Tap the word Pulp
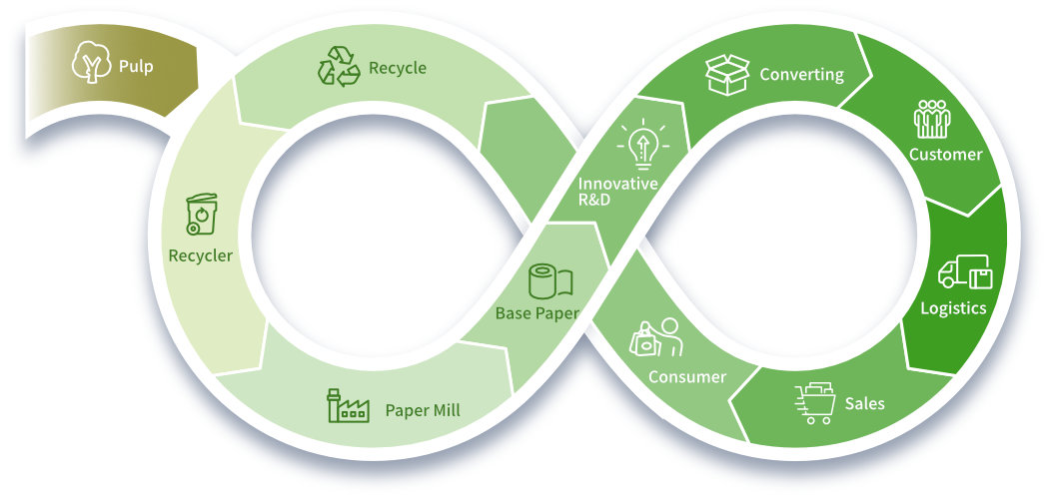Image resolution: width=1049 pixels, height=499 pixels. (136, 68)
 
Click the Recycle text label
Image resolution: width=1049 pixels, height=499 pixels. (397, 68)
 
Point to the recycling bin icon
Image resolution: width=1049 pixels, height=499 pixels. (201, 215)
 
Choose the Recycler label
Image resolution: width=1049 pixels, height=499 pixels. (200, 255)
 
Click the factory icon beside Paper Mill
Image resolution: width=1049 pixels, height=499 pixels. (348, 407)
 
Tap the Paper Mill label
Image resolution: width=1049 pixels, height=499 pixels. (423, 410)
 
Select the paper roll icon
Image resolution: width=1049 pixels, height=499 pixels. (548, 281)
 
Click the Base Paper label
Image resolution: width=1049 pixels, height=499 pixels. (536, 313)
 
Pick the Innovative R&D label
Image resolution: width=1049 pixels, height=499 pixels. (617, 192)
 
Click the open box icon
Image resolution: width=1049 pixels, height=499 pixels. (726, 75)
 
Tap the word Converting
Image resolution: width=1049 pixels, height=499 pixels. (801, 75)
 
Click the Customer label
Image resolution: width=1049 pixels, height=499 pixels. (945, 155)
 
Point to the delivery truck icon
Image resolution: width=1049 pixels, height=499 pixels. (964, 272)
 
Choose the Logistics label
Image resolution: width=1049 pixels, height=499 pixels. (953, 308)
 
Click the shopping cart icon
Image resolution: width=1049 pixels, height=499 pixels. (814, 403)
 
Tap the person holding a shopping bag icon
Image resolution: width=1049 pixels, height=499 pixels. (654, 338)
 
